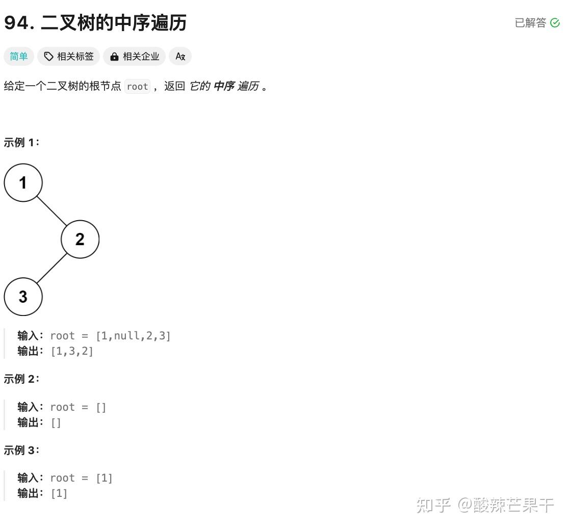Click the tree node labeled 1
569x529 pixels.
(x=23, y=182)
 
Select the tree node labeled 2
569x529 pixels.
(x=80, y=239)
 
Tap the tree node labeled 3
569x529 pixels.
(x=23, y=297)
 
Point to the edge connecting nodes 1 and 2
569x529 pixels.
(x=51, y=211)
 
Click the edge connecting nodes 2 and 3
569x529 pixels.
(x=52, y=268)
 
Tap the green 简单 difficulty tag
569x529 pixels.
(x=19, y=56)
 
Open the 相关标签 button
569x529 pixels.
(x=69, y=56)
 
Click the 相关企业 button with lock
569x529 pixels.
(x=134, y=56)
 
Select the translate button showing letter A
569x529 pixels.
(x=180, y=56)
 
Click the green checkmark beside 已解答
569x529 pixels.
(x=555, y=23)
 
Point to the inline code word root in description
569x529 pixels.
(x=138, y=86)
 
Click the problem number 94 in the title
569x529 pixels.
(x=17, y=23)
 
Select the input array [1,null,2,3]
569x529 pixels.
(x=133, y=336)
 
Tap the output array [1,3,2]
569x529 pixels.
(x=72, y=351)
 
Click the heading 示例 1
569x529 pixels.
(x=21, y=143)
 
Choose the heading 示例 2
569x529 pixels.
(x=21, y=379)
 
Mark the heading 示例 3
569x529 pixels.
(x=21, y=451)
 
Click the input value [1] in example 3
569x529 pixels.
(x=104, y=478)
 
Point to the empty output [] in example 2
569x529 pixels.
(x=56, y=422)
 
